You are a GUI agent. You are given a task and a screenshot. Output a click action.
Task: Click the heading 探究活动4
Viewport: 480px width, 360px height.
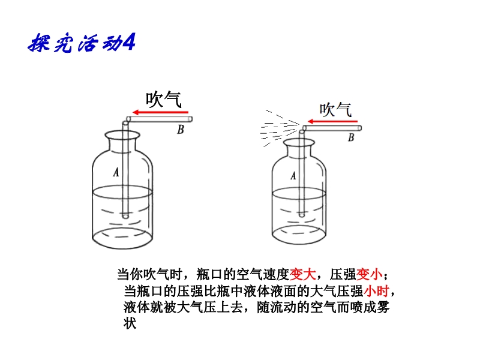click(x=82, y=42)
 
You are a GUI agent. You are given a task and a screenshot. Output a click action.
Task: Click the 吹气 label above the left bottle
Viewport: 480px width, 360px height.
click(x=163, y=99)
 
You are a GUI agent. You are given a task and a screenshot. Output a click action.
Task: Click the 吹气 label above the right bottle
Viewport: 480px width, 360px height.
click(x=335, y=110)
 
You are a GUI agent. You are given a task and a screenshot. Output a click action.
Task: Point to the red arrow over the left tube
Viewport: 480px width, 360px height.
click(x=160, y=112)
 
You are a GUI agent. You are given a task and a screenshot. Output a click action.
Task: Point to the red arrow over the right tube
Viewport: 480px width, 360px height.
click(x=332, y=122)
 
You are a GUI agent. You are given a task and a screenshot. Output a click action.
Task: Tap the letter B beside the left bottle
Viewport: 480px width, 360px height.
click(x=181, y=130)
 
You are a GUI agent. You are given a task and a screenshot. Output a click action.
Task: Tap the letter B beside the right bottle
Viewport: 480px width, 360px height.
click(x=351, y=137)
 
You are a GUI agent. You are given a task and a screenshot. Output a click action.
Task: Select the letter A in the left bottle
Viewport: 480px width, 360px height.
click(x=116, y=172)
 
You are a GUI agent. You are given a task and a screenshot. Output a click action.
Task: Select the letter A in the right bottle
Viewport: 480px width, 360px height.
click(x=293, y=176)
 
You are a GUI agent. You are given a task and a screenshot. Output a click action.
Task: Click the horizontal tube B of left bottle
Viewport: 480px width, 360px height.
click(x=159, y=119)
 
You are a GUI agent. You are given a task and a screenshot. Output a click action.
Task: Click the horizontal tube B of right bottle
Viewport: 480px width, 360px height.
click(x=332, y=128)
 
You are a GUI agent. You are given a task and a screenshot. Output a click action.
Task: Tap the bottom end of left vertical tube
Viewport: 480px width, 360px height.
click(x=125, y=217)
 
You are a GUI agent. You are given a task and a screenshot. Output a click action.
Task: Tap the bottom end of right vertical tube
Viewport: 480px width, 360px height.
click(x=302, y=215)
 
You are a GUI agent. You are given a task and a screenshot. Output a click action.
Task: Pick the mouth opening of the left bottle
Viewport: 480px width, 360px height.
click(x=122, y=135)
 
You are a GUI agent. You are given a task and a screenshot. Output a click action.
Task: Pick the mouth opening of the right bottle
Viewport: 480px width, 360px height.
click(x=299, y=142)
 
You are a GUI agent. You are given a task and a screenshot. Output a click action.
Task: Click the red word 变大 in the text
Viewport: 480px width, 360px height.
click(x=302, y=274)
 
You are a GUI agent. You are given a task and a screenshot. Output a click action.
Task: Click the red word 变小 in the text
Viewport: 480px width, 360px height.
click(x=369, y=274)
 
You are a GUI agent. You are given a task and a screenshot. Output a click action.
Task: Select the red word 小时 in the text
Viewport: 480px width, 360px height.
click(x=376, y=291)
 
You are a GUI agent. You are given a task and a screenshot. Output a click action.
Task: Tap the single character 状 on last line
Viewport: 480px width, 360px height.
click(x=130, y=323)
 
